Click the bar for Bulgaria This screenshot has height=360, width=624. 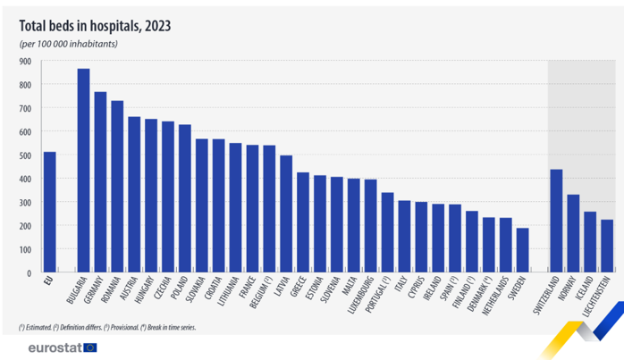coord(83,170)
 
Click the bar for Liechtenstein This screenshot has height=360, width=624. coord(607,246)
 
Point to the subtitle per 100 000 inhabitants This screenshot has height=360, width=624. coord(69,43)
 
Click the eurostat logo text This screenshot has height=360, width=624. coord(55,347)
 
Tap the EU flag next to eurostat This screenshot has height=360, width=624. coord(90,347)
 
